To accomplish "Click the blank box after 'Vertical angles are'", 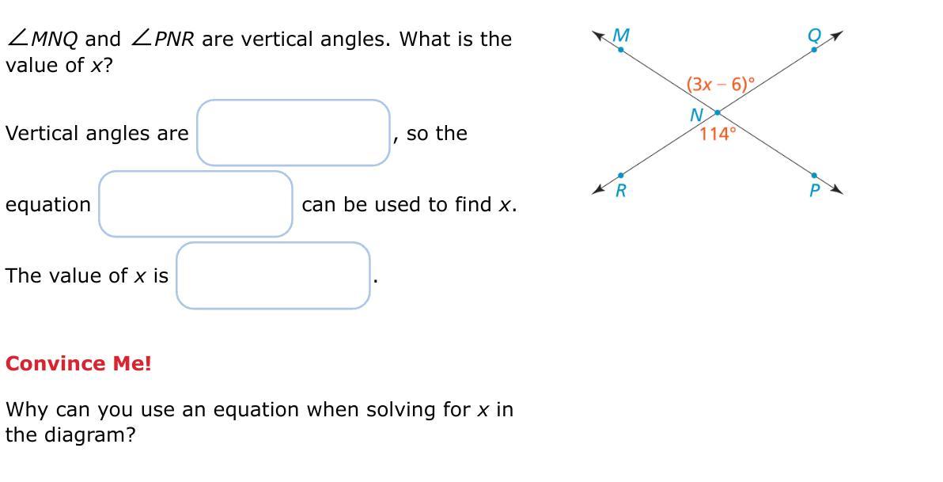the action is click(x=294, y=132).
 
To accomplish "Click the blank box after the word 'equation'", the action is click(x=195, y=204).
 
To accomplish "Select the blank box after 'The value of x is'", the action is click(x=273, y=275).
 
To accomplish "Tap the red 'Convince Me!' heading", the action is click(x=79, y=363).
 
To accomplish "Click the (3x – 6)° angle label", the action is click(x=721, y=84).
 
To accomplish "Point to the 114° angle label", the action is click(x=718, y=134).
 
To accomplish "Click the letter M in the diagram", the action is click(x=621, y=36).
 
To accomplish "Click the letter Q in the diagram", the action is click(x=814, y=36).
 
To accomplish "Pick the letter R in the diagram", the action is click(x=621, y=191).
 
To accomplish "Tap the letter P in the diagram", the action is click(x=815, y=191).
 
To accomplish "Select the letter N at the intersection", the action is click(x=696, y=115).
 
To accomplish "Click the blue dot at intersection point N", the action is click(x=717, y=112).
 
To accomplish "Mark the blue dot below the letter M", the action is click(x=621, y=49).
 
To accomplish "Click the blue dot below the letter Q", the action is click(x=814, y=49).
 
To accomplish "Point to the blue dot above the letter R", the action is click(x=621, y=175).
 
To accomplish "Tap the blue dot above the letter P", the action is click(x=814, y=175).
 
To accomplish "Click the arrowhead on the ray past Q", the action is click(x=837, y=35).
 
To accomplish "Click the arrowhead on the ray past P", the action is click(x=837, y=190).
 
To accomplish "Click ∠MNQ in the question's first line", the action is click(x=41, y=40).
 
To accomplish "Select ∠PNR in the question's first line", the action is click(x=161, y=40).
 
